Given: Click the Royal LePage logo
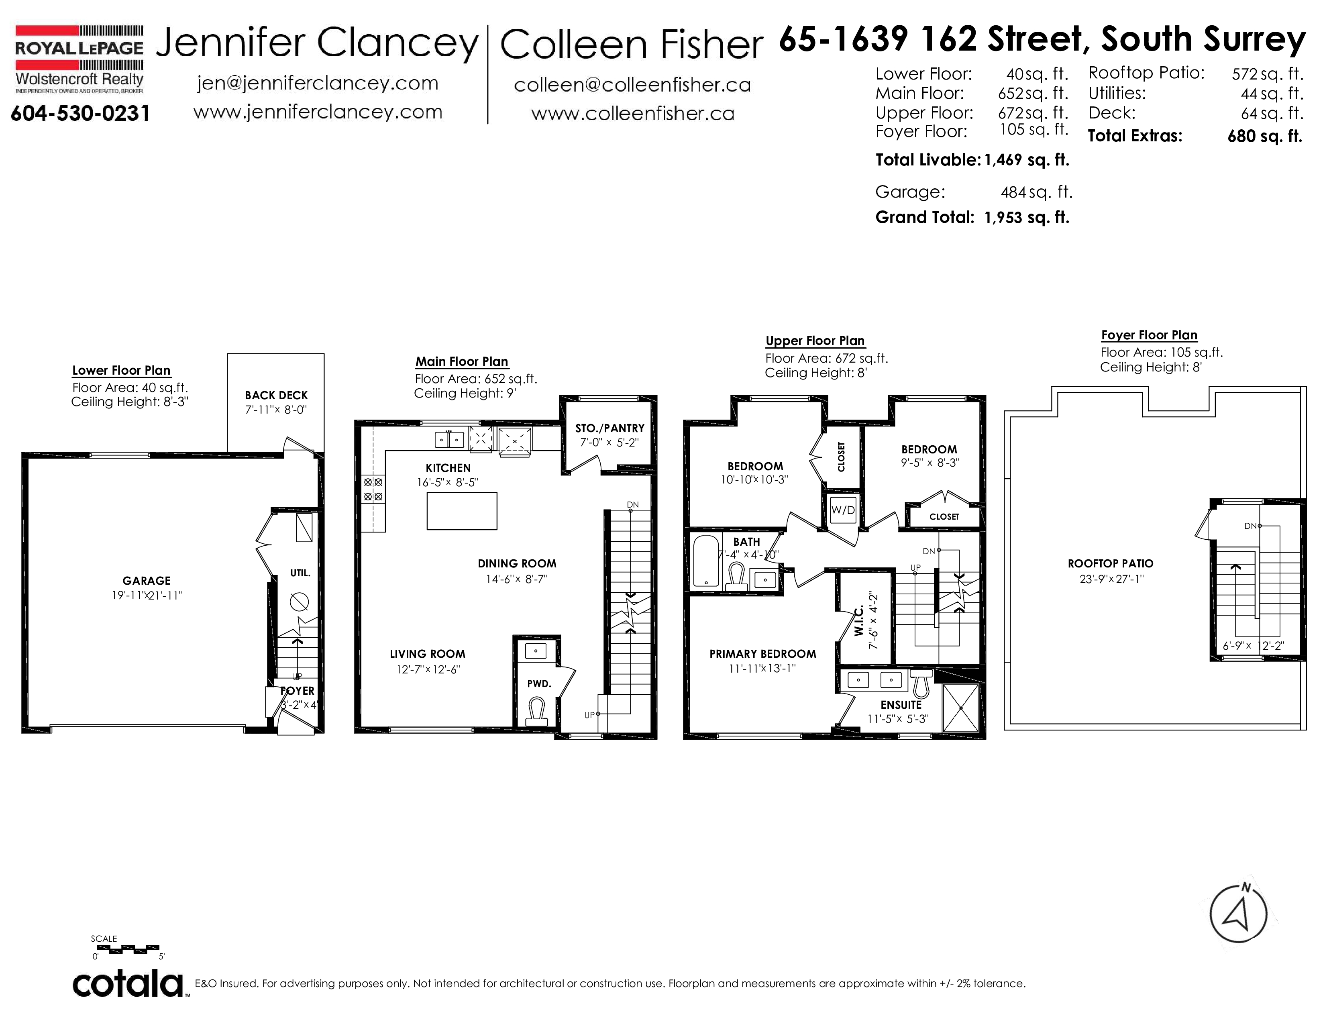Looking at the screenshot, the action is coord(79,59).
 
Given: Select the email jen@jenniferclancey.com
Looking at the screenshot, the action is coord(317,83).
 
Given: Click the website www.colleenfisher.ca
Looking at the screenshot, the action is coord(633,113).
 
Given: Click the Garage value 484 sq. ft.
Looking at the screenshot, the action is coord(1036,192).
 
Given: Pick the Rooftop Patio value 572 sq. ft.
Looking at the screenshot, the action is coord(1267,74).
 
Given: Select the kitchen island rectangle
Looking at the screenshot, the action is coord(462,511).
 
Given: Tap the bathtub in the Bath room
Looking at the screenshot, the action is coord(705,561).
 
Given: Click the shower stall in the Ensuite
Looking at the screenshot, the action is coord(960,708).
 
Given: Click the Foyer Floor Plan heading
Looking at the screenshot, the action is coord(1149,335).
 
